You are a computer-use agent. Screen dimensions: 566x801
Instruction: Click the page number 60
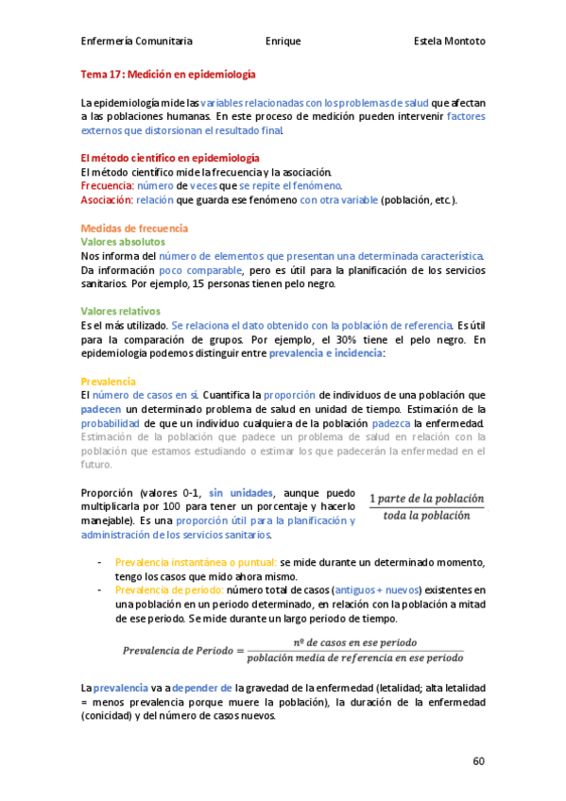[478, 759]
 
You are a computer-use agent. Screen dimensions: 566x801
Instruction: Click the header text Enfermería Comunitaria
[137, 42]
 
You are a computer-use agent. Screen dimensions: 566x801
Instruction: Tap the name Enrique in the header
[283, 42]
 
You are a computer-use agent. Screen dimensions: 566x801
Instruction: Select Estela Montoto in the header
[450, 42]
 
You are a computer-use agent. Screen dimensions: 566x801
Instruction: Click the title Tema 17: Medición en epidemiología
[167, 73]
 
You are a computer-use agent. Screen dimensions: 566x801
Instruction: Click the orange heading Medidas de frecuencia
[134, 229]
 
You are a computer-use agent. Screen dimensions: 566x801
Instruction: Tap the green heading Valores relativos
[121, 311]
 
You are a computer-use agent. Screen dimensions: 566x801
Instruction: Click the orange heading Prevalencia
[109, 381]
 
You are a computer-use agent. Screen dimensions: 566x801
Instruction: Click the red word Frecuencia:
[107, 186]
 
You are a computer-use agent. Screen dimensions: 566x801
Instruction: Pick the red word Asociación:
[106, 200]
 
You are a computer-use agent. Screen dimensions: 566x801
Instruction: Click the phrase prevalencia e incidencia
[326, 352]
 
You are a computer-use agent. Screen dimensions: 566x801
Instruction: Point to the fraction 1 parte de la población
[426, 499]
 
